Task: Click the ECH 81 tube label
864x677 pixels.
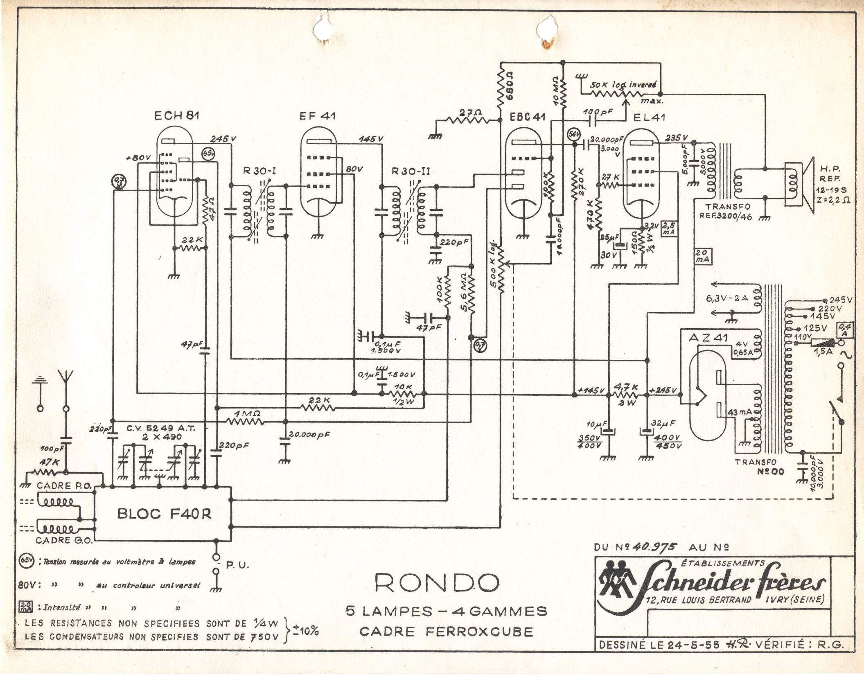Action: pyautogui.click(x=176, y=116)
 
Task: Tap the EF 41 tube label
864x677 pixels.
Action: pyautogui.click(x=318, y=116)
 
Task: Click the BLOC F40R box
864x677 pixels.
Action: pyautogui.click(x=164, y=514)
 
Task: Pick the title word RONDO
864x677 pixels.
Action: pyautogui.click(x=437, y=583)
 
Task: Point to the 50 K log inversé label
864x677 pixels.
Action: pyautogui.click(x=623, y=85)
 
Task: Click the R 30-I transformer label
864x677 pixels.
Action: pyautogui.click(x=259, y=171)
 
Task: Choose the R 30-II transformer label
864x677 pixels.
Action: pyautogui.click(x=411, y=171)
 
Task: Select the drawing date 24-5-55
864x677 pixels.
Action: pyautogui.click(x=693, y=645)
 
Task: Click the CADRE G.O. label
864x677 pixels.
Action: pyautogui.click(x=64, y=540)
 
